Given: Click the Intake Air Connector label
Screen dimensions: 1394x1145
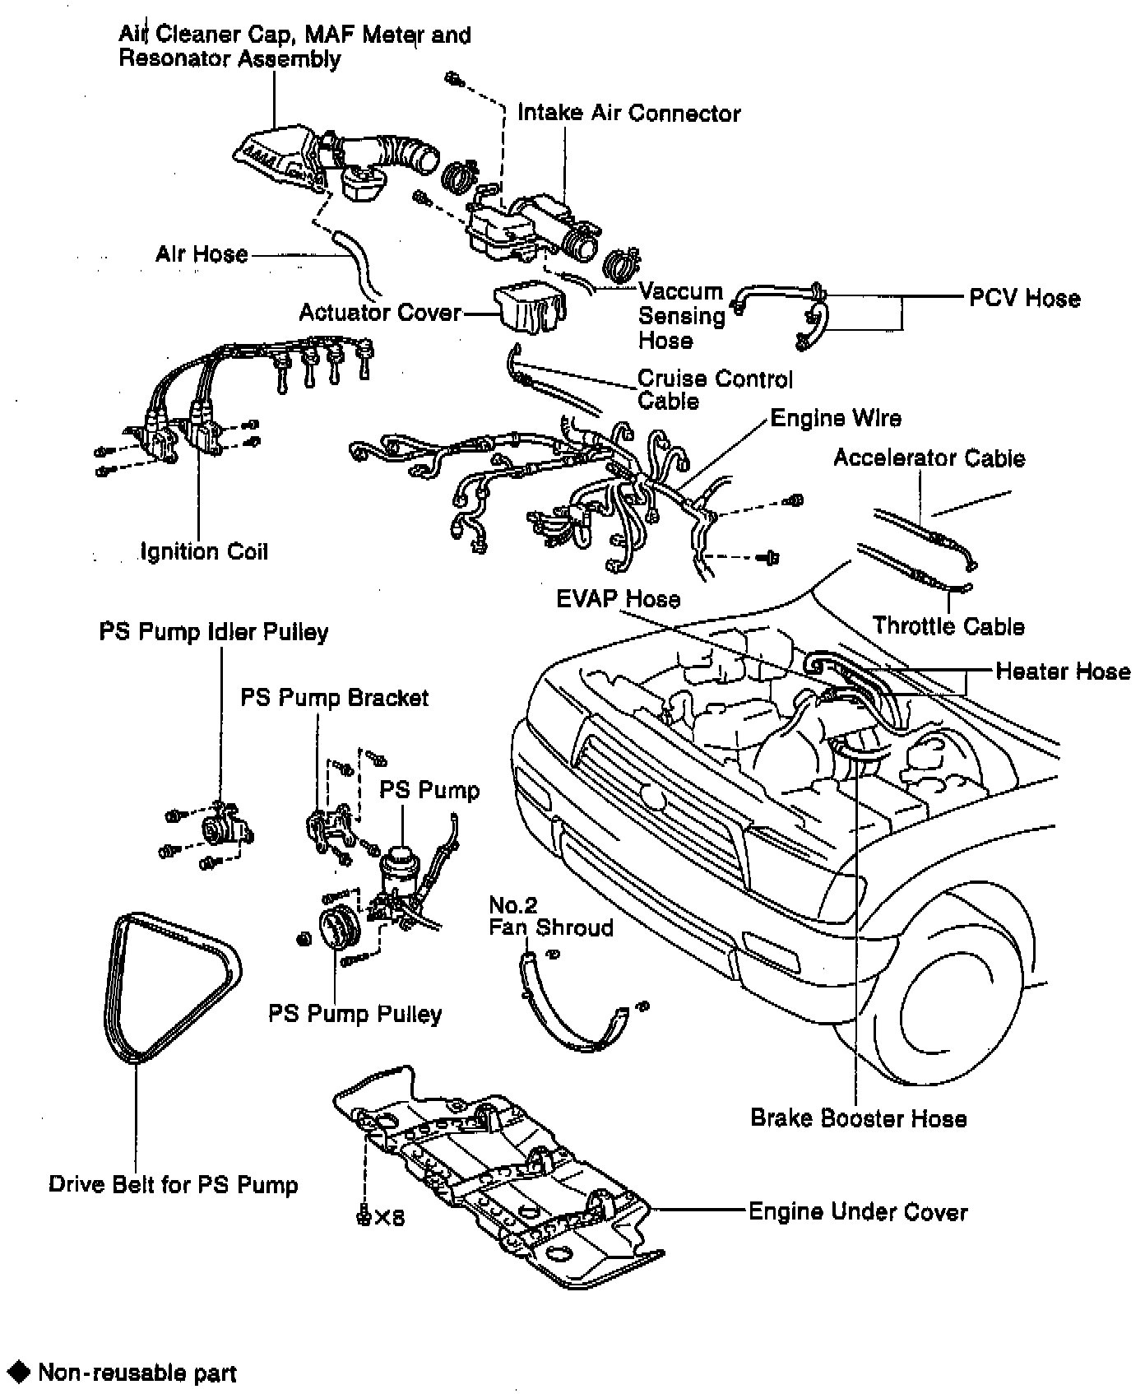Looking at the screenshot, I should click(x=628, y=113).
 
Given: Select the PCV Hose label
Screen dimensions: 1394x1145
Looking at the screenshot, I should click(x=1024, y=298).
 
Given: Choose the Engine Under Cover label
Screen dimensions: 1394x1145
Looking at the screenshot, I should click(x=858, y=1211).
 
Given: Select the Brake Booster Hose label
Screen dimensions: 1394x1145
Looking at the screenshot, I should click(x=858, y=1118).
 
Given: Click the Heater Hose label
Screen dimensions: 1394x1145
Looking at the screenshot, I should click(x=1063, y=671).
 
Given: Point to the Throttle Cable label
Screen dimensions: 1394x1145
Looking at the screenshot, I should click(x=948, y=626).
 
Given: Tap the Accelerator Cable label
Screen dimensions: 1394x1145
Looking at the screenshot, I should click(x=929, y=458).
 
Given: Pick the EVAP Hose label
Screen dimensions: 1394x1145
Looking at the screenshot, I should click(x=618, y=598).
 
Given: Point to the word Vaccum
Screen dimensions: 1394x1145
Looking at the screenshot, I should click(x=680, y=291).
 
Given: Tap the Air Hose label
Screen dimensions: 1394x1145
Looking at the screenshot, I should click(x=202, y=253).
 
